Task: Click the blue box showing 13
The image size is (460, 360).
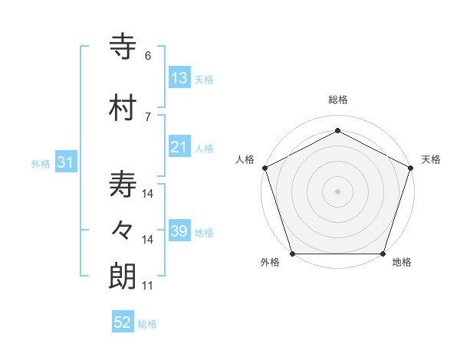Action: pos(179,78)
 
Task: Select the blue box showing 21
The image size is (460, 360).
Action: pos(179,147)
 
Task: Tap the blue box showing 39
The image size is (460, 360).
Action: pos(179,231)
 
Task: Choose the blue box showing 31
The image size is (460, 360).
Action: pos(65,162)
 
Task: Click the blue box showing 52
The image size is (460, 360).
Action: pos(123,322)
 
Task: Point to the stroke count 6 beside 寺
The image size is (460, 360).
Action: pos(148,55)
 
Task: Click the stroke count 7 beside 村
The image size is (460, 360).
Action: pos(148,116)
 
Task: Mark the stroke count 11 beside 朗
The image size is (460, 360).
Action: pos(147,286)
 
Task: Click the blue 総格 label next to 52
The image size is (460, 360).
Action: pos(148,324)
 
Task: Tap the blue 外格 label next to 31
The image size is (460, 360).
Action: pos(41,163)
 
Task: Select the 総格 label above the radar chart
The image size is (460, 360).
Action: pos(337,100)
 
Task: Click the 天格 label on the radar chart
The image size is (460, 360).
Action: pos(431,159)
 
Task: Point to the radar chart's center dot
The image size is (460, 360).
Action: pos(337,191)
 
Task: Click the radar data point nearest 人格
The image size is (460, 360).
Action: pos(264,168)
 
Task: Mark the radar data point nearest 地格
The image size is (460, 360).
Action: pos(383,254)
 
